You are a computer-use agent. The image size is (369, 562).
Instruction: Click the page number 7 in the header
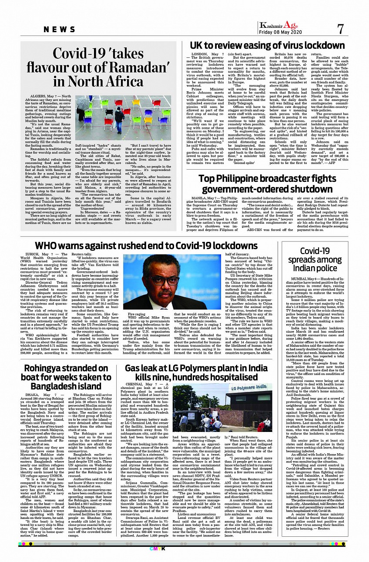pyautogui.click(x=340, y=29)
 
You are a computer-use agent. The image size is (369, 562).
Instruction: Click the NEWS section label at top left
pyautogui.click(x=60, y=29)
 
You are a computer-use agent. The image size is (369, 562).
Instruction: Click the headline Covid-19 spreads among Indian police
pyautogui.click(x=321, y=259)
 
